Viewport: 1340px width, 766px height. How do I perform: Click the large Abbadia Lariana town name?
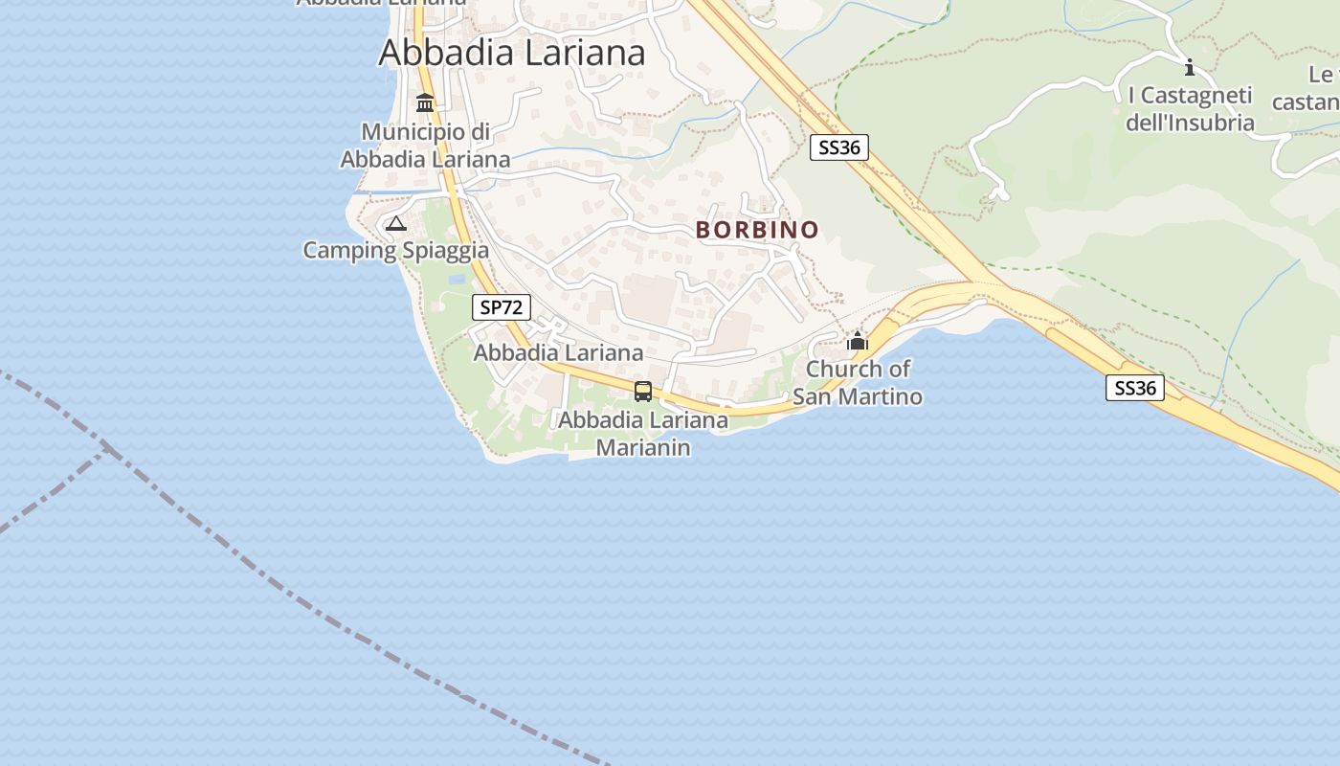pyautogui.click(x=512, y=53)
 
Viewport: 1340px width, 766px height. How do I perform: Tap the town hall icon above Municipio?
pyautogui.click(x=425, y=102)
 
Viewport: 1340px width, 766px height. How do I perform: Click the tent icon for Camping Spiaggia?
pyautogui.click(x=395, y=224)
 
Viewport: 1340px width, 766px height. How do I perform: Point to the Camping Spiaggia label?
pyautogui.click(x=395, y=251)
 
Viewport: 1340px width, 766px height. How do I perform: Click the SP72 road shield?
pyautogui.click(x=501, y=307)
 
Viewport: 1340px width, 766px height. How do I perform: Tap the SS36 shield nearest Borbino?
pyautogui.click(x=838, y=147)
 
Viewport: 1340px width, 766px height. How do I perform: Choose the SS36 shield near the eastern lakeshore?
pyautogui.click(x=1134, y=388)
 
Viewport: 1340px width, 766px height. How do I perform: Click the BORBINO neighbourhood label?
pyautogui.click(x=757, y=230)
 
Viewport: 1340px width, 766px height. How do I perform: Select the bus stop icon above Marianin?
pyautogui.click(x=643, y=392)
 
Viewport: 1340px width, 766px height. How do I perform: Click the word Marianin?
pyautogui.click(x=643, y=447)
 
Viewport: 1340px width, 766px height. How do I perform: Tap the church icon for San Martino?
pyautogui.click(x=857, y=341)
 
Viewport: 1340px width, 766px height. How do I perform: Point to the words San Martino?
pyautogui.click(x=858, y=396)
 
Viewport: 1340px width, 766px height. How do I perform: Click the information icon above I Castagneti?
pyautogui.click(x=1190, y=67)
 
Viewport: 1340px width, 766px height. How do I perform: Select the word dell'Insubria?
pyautogui.click(x=1190, y=123)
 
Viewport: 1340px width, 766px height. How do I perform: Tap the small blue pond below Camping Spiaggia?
pyautogui.click(x=457, y=280)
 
